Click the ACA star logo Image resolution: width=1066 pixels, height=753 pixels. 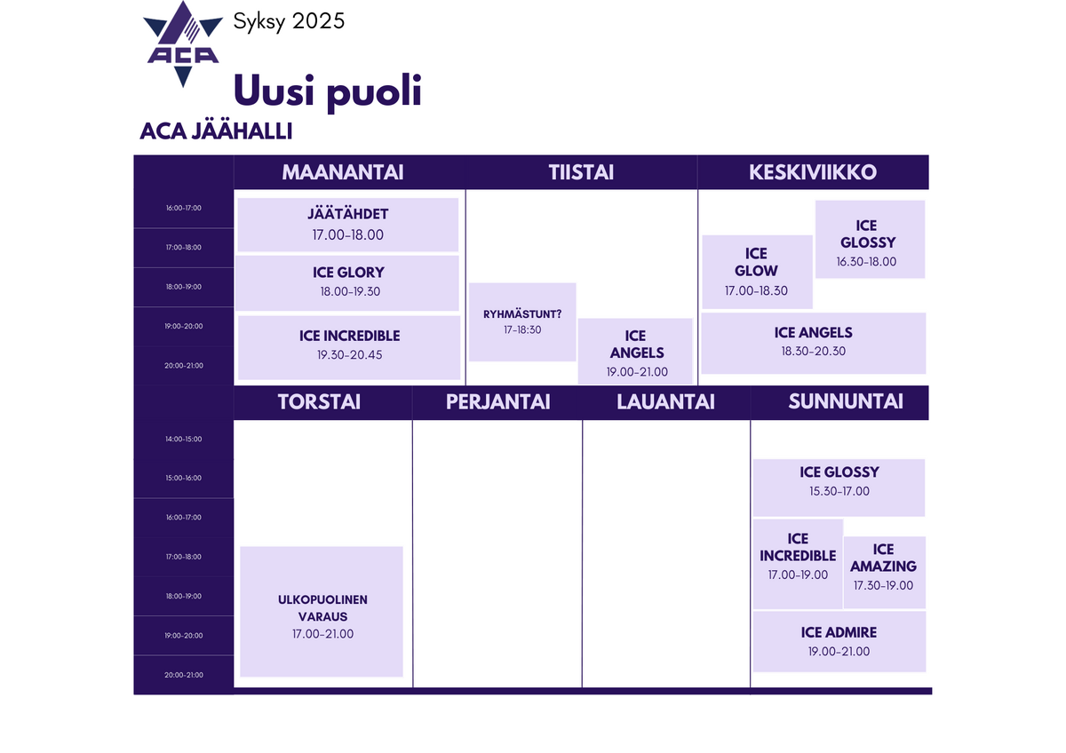(x=183, y=44)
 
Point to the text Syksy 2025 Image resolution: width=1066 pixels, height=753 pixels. (x=289, y=22)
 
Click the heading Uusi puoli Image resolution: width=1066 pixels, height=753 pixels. (x=328, y=91)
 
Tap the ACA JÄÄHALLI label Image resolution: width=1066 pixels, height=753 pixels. (x=216, y=131)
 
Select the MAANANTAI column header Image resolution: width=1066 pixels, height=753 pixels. (x=343, y=172)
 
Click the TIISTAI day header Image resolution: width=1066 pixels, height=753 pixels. (x=581, y=172)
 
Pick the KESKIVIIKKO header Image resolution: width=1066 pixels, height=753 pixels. (x=813, y=172)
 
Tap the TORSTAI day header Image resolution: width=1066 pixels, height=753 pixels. (x=319, y=402)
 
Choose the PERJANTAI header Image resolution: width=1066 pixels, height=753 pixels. (x=497, y=402)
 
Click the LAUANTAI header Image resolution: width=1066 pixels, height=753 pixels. (x=665, y=402)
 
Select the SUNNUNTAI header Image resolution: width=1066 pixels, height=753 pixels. (x=846, y=401)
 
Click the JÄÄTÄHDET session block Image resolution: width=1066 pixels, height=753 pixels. (x=348, y=225)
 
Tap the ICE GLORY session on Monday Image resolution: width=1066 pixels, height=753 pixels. (x=348, y=283)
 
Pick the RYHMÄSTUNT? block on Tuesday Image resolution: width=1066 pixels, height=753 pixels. (x=522, y=322)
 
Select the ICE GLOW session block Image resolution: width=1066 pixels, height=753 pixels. (x=757, y=272)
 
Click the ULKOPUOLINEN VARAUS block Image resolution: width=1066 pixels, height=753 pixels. (x=322, y=612)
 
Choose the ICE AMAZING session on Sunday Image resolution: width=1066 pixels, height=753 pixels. (x=884, y=572)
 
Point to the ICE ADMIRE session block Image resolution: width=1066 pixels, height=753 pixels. (x=839, y=641)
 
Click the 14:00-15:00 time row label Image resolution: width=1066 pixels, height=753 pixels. (x=184, y=439)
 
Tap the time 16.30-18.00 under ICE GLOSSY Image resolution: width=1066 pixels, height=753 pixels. (x=866, y=262)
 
